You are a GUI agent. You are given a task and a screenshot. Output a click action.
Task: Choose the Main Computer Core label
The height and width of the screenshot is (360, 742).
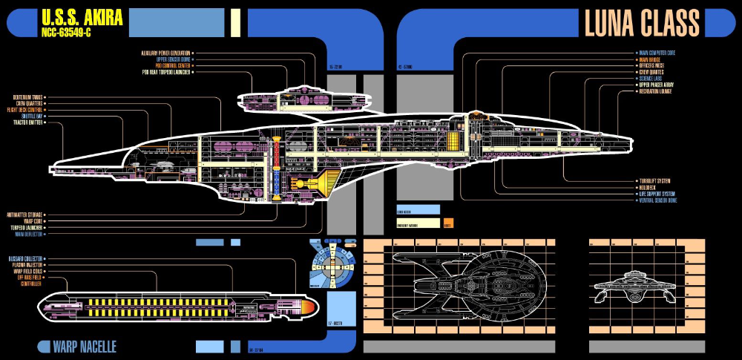[657, 53]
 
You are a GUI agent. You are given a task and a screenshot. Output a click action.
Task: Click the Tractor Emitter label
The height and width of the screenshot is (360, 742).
[27, 122]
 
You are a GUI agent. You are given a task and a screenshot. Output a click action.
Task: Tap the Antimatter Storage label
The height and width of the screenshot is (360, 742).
[26, 214]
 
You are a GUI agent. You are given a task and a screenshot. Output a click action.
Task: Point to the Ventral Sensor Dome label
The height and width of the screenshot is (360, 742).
[657, 200]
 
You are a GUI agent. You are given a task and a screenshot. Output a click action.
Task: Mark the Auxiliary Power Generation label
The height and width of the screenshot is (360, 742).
[165, 53]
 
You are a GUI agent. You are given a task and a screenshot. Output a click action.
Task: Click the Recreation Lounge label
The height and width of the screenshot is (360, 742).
[655, 91]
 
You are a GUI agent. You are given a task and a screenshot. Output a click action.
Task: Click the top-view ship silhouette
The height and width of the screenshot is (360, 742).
[467, 284]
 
